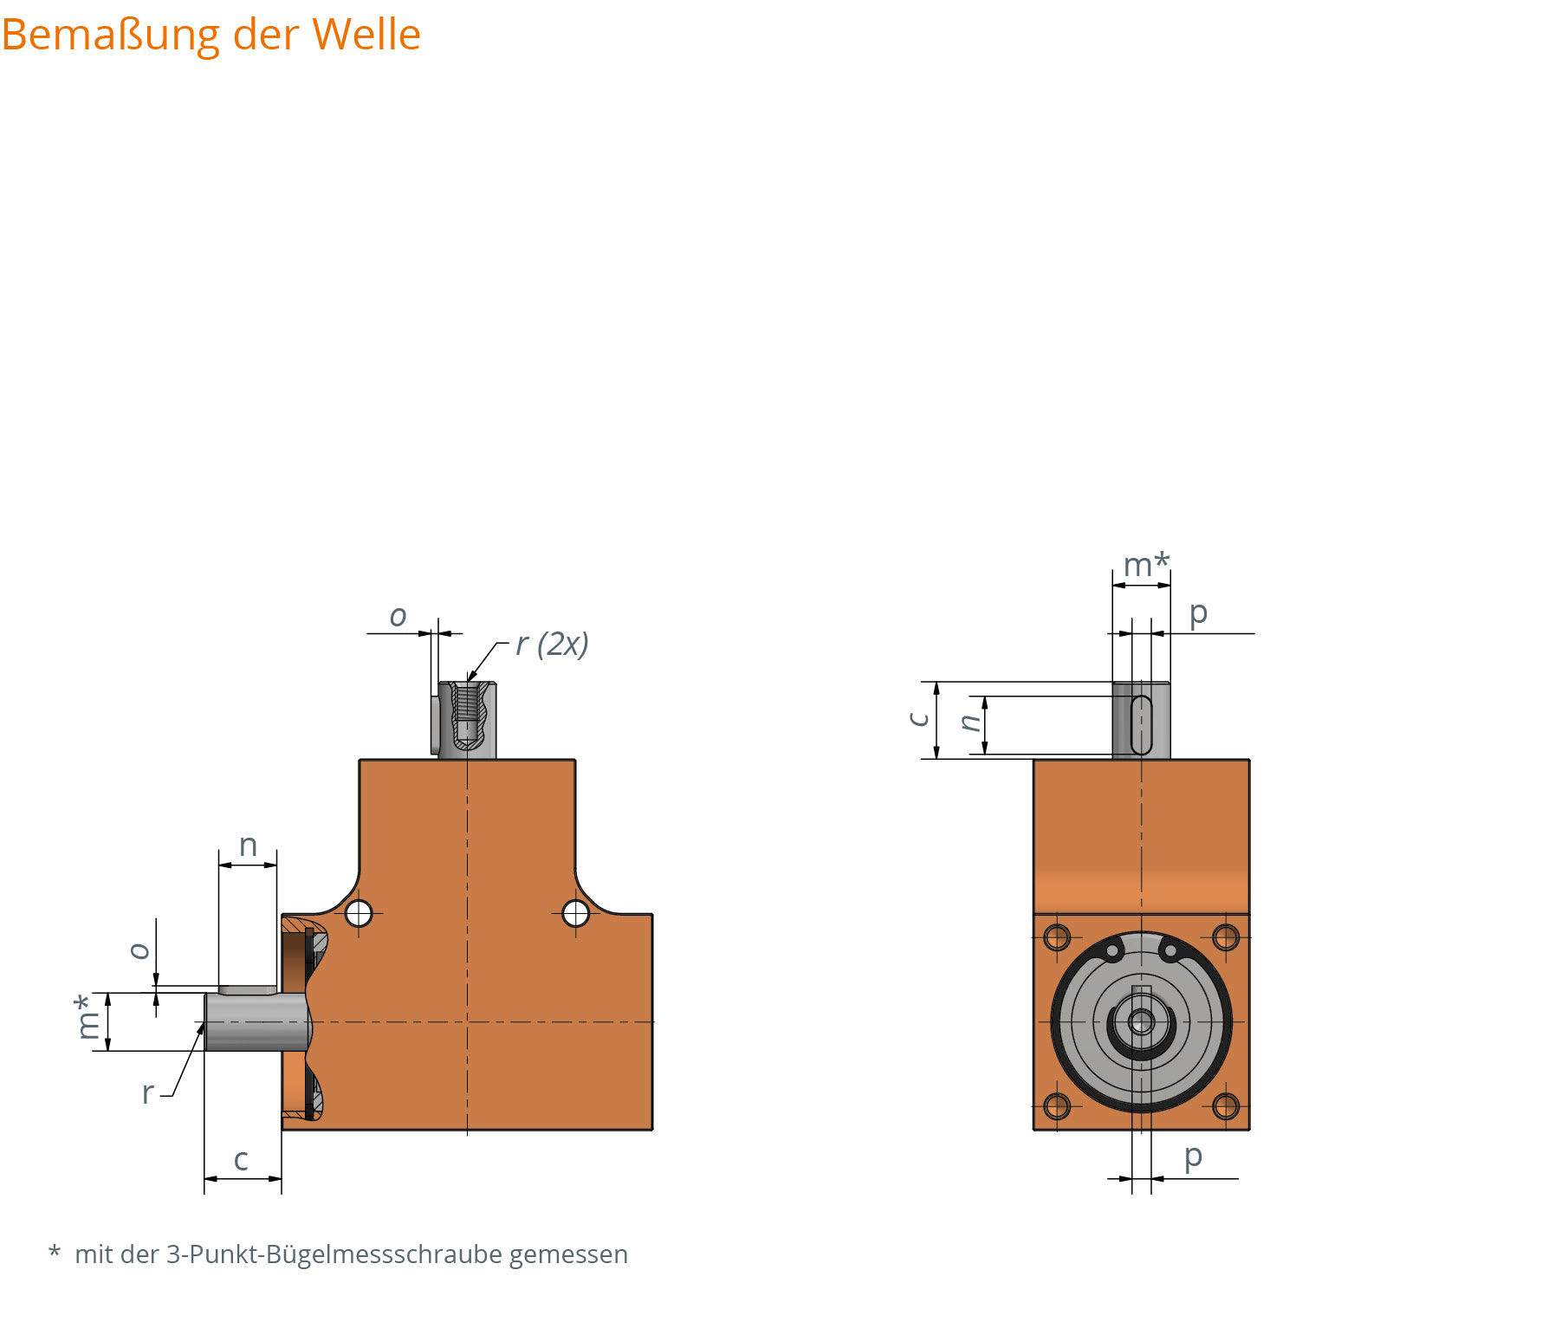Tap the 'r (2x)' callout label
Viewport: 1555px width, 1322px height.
(552, 644)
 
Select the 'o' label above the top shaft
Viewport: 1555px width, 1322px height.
(398, 616)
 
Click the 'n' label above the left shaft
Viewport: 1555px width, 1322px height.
(248, 846)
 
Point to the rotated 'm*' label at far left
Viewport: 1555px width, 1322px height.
(87, 1017)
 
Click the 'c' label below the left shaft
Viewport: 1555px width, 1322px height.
(241, 1160)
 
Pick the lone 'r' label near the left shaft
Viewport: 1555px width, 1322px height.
(147, 1093)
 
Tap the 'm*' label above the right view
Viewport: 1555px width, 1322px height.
(1145, 565)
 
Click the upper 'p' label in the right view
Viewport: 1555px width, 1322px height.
(1198, 613)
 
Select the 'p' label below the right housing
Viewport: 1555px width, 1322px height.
(1193, 1156)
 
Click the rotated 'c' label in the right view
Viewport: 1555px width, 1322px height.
(918, 719)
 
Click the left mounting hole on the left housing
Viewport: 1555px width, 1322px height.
(359, 913)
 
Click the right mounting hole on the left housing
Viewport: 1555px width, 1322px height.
(576, 913)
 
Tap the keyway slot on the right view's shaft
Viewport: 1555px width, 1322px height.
(1141, 724)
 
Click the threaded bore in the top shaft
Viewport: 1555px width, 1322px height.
(467, 703)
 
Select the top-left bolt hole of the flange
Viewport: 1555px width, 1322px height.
(1057, 937)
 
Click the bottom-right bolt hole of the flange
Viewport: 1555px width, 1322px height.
(1226, 1106)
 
